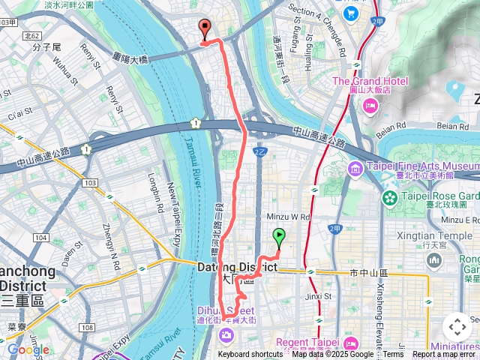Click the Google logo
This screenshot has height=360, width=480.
coord(28,349)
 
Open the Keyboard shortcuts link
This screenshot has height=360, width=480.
coord(250,355)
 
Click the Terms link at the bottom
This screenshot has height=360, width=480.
coord(393,355)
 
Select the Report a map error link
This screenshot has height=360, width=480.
coord(445,355)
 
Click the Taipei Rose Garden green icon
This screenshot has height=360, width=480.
coord(390,198)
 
